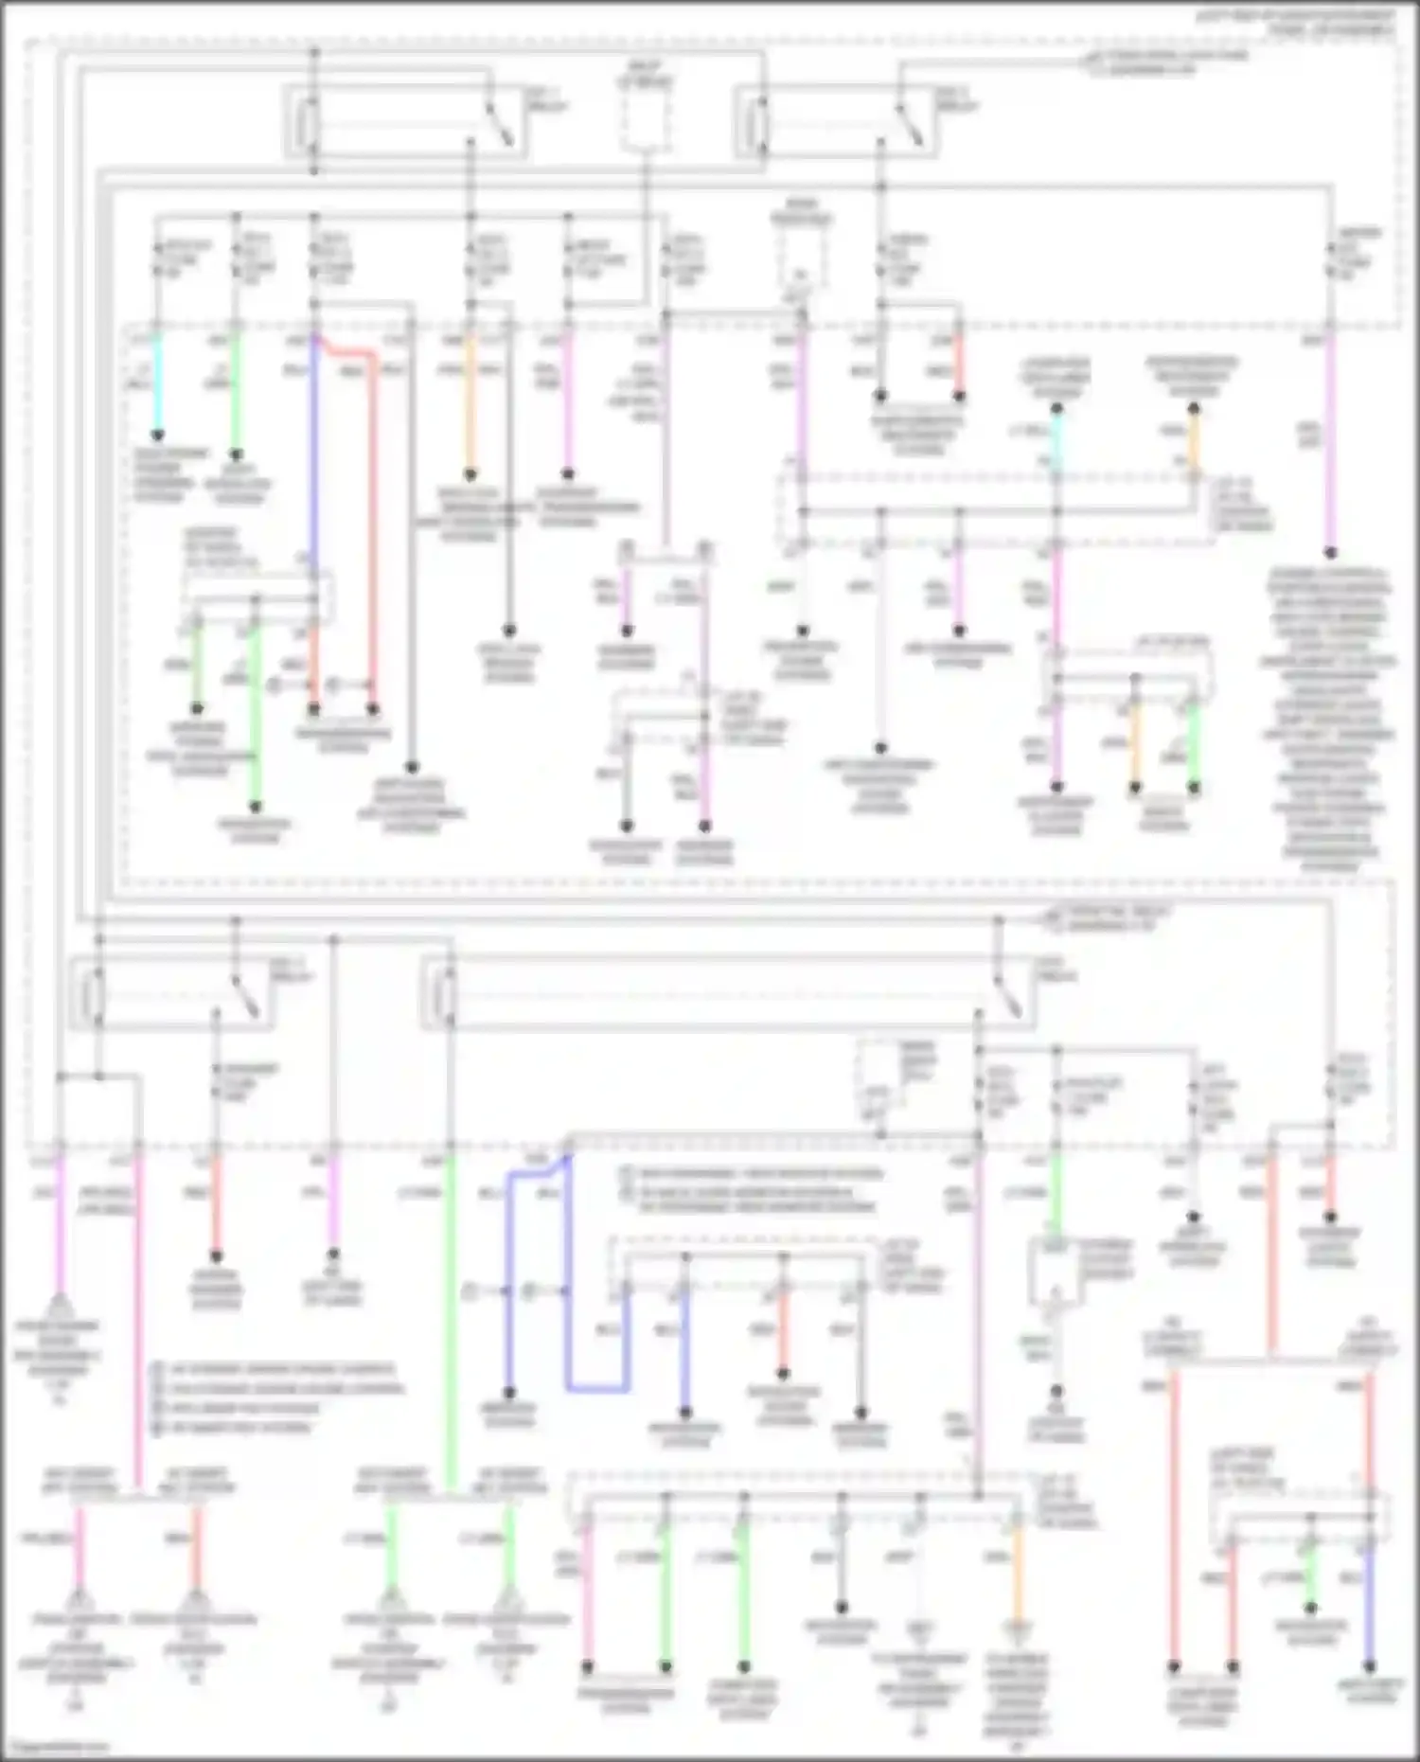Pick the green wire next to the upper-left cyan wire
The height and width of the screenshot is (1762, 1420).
pos(237,388)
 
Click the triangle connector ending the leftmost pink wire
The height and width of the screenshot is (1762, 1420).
pos(59,1308)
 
